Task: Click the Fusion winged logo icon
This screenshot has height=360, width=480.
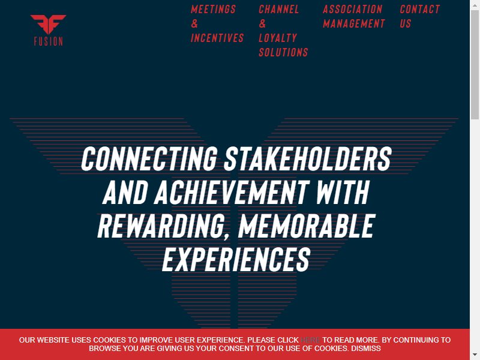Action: [48, 24]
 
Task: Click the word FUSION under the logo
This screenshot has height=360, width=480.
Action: [49, 41]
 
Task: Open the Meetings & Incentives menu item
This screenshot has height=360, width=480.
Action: [217, 23]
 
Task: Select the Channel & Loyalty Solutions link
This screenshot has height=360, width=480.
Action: [283, 31]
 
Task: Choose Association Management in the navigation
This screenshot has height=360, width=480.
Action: [353, 16]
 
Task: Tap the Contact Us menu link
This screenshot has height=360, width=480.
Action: [419, 16]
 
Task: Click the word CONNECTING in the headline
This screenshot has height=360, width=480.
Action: [149, 158]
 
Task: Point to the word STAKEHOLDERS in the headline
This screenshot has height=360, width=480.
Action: [308, 158]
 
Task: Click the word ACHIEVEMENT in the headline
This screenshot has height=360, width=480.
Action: [232, 192]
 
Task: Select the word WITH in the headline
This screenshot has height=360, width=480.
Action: [343, 192]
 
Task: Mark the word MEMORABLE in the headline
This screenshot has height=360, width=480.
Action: [307, 226]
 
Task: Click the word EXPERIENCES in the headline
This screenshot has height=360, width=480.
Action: [236, 260]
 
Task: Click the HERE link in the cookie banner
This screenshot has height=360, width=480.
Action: [310, 340]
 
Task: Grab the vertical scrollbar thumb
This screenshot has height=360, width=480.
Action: [475, 65]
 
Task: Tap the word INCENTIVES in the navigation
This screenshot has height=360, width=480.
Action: [217, 38]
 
